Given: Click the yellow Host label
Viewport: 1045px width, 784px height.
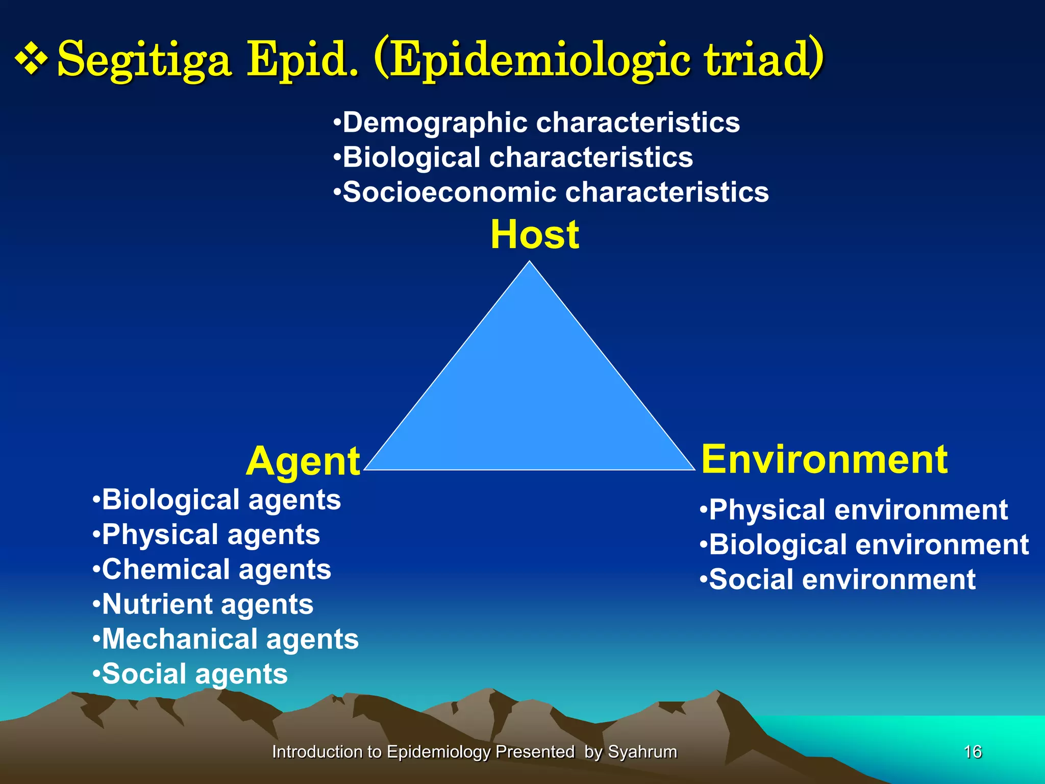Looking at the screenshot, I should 535,235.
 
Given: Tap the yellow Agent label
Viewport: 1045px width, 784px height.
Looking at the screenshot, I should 303,461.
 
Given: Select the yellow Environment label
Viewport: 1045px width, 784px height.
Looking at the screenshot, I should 824,459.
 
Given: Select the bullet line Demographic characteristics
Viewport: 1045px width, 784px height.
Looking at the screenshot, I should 536,123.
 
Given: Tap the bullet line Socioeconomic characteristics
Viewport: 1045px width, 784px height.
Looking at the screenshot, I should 551,192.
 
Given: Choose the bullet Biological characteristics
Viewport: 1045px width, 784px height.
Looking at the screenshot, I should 513,158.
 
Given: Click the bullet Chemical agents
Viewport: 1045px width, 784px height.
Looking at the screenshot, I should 212,570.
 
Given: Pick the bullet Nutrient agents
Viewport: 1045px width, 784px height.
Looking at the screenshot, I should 203,605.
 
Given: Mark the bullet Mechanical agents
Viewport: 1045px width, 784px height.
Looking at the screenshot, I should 226,640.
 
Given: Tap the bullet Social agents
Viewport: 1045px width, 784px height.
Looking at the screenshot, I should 190,674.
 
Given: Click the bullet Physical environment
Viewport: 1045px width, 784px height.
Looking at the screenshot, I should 854,510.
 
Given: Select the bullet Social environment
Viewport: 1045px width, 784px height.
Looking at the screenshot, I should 838,580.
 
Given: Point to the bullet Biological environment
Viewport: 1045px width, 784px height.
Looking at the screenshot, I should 864,545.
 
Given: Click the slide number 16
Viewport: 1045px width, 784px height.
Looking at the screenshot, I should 973,752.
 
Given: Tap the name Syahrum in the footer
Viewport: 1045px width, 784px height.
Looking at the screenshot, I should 642,752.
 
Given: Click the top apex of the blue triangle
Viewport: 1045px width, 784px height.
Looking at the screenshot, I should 530,263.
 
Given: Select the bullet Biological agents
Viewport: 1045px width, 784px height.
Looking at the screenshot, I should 217,500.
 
